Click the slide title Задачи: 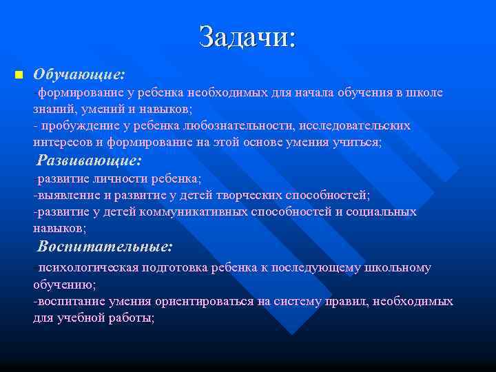coord(247,37)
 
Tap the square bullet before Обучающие coord(19,74)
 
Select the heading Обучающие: coord(79,73)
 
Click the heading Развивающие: coord(90,161)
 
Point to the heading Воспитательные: coord(105,246)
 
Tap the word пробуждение coord(76,126)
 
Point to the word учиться coord(355,143)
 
